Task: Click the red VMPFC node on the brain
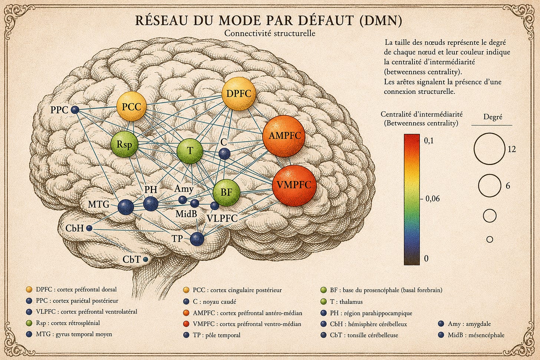tap(294, 185)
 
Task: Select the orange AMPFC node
tap(284, 136)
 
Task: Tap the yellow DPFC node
tap(239, 94)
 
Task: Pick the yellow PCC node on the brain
tap(131, 106)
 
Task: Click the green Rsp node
tap(124, 144)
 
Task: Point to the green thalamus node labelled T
tap(190, 151)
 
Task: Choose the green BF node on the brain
tap(226, 192)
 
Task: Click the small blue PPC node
tap(75, 110)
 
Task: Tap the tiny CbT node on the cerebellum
tap(145, 260)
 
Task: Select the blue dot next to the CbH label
tap(89, 228)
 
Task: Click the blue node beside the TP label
tap(197, 239)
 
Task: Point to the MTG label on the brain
tap(99, 205)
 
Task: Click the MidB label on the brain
tap(186, 214)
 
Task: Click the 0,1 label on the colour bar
tap(429, 141)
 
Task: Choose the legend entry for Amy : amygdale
tap(464, 324)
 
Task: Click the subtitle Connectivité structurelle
tap(270, 33)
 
